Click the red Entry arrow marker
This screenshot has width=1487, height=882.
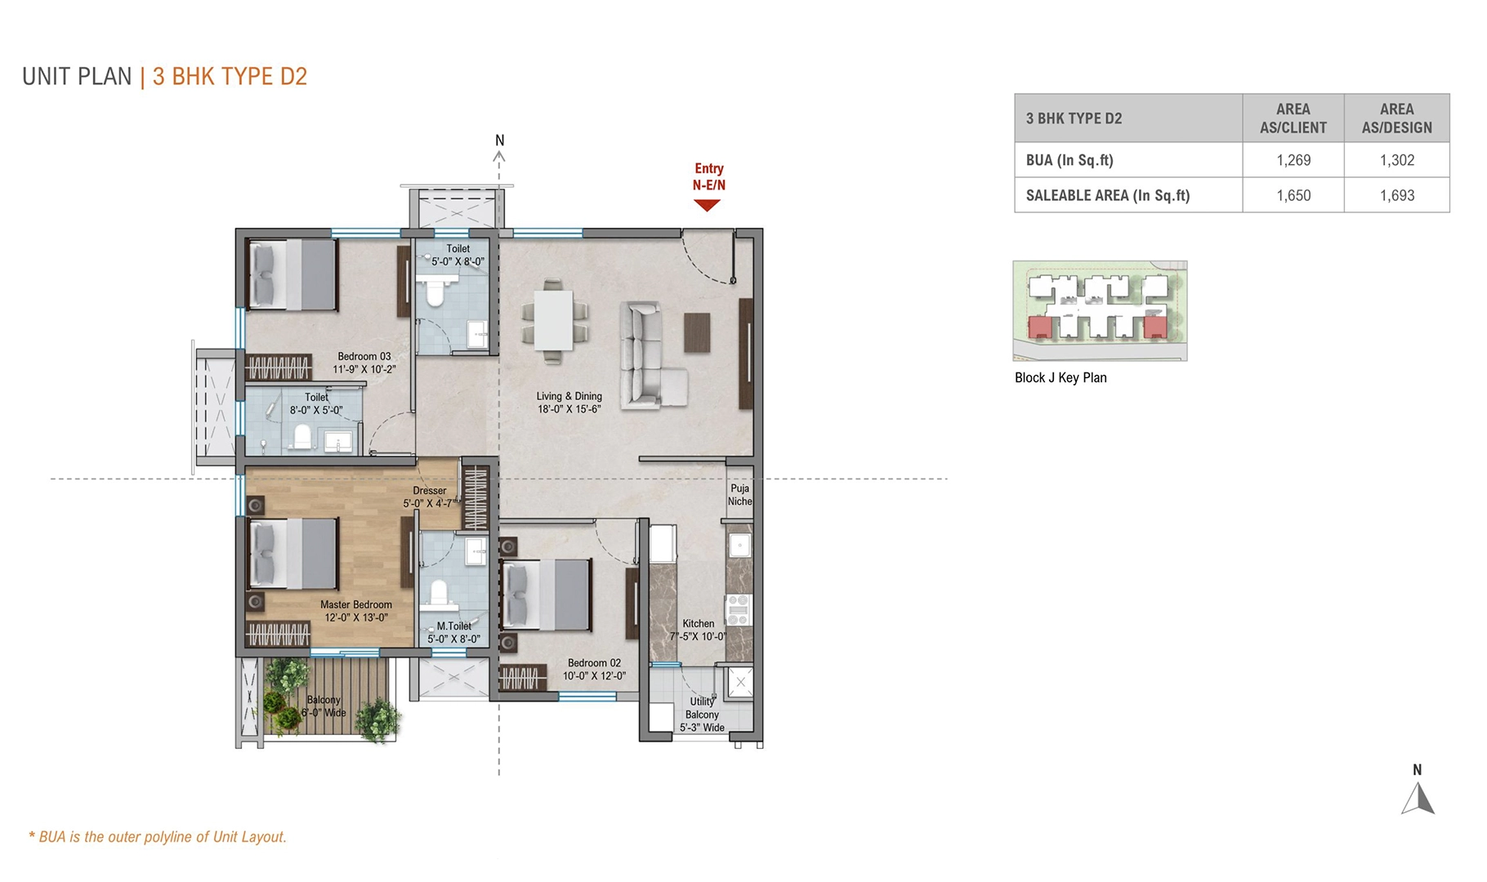click(707, 206)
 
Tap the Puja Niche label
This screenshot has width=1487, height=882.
click(740, 495)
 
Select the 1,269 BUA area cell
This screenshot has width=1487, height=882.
click(1293, 160)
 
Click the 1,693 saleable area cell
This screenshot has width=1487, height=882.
click(1396, 195)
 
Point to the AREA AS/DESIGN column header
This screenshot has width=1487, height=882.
click(1396, 118)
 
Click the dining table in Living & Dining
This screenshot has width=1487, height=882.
click(555, 320)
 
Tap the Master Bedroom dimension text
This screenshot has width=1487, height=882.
click(356, 618)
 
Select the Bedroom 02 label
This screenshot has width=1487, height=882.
click(594, 663)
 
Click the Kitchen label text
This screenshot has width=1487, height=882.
click(698, 624)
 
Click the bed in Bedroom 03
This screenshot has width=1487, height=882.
click(292, 274)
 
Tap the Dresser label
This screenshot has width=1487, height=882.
click(430, 491)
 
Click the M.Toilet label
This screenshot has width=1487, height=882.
click(453, 626)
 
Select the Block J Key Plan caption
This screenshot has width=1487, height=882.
click(1061, 377)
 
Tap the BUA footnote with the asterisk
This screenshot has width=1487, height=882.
click(158, 837)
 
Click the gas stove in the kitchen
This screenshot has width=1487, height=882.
click(738, 610)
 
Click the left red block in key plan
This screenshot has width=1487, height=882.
click(1040, 327)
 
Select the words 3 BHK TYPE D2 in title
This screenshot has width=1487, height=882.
click(230, 77)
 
